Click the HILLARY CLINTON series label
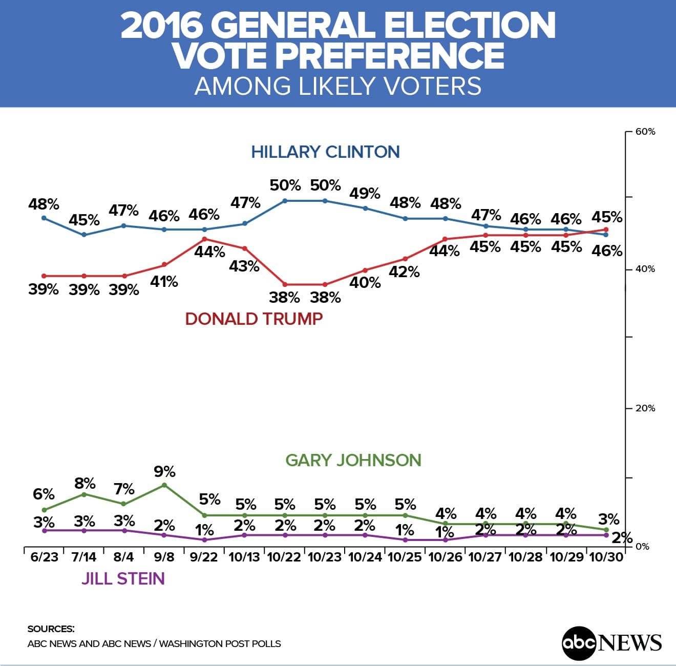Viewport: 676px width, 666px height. click(x=325, y=152)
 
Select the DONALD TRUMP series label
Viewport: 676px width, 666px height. click(x=253, y=319)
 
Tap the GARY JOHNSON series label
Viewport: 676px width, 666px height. click(x=353, y=460)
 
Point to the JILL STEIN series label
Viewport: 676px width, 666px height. click(x=123, y=579)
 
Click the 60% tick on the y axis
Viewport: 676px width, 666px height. click(x=645, y=132)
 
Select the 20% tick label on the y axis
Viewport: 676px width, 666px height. click(x=645, y=408)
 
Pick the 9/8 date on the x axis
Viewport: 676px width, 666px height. click(x=164, y=557)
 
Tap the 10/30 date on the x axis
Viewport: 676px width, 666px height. click(x=607, y=557)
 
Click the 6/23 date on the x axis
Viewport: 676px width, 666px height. click(x=44, y=557)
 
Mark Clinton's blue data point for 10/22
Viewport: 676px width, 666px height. click(x=285, y=200)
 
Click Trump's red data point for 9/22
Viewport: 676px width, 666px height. click(x=204, y=239)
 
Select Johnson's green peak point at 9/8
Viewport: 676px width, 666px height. click(x=164, y=485)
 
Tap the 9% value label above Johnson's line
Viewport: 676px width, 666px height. click(x=164, y=471)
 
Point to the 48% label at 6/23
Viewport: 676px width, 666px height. click(x=44, y=204)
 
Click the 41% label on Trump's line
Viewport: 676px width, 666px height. click(x=164, y=281)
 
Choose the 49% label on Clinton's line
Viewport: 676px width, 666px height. click(x=365, y=194)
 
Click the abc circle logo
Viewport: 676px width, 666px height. click(x=579, y=642)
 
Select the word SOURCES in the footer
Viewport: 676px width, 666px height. click(x=51, y=629)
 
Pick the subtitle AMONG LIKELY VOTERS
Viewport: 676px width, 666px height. click(x=338, y=86)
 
